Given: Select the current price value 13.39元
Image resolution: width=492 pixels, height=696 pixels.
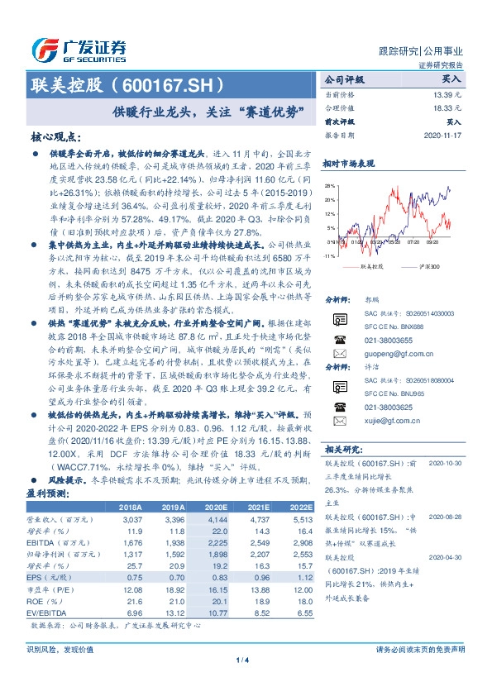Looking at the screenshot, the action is point(445,96).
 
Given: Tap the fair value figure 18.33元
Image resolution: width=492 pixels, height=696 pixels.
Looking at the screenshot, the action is point(445,108).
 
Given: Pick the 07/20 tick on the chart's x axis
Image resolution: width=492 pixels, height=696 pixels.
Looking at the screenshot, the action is point(413,243).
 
